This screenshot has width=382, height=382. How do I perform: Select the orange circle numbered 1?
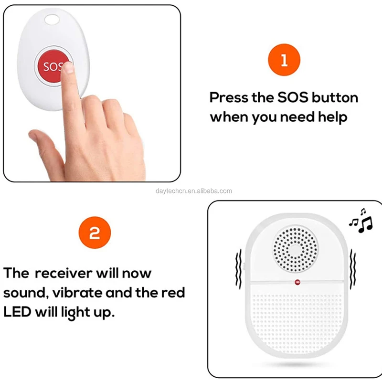pos(284,61)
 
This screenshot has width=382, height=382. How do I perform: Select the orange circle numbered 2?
pos(95,233)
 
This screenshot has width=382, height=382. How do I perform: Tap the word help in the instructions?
pos(331,117)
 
